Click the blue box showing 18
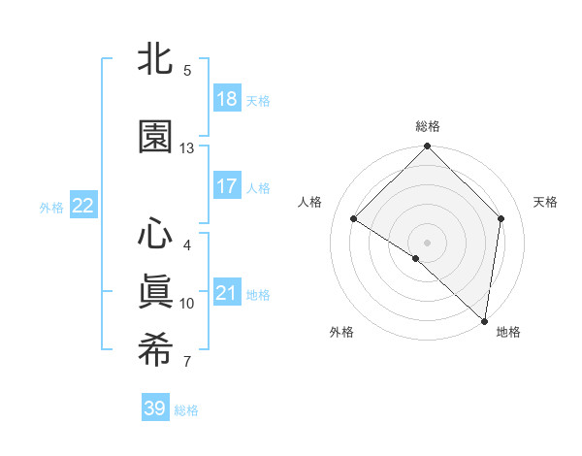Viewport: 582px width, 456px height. coord(226,99)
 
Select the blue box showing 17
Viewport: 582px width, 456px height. coord(226,186)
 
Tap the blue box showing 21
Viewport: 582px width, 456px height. coord(226,293)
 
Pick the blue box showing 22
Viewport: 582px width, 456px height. coord(82,206)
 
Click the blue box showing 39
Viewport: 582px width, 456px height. coord(154,408)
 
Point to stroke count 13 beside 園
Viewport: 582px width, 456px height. coord(187,148)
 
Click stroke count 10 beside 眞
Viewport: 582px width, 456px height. coord(187,304)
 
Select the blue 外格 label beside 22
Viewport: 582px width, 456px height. coord(51,207)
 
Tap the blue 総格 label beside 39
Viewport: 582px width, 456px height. coord(186,410)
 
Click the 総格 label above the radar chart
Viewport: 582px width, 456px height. coord(428,126)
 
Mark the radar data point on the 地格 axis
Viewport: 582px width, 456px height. coord(484,320)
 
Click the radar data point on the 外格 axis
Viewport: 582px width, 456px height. coord(415,259)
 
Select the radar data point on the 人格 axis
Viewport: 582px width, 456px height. coord(354,219)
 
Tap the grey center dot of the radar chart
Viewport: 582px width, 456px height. coord(428,242)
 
